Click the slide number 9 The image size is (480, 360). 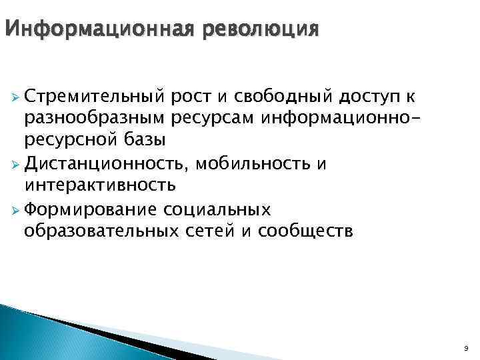click(x=465, y=348)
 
